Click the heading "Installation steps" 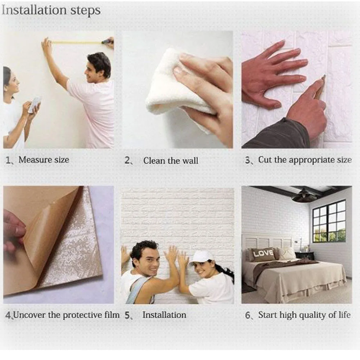coord(51,10)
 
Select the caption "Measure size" coord(44,160)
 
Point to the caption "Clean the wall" coord(171,161)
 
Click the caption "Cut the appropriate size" coord(305,160)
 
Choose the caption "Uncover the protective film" coord(66,315)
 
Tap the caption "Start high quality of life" coord(305,315)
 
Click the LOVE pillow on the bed coord(263,254)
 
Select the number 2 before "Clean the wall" coord(127,160)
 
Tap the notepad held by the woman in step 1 coord(34,105)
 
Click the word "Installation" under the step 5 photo coord(165,315)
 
